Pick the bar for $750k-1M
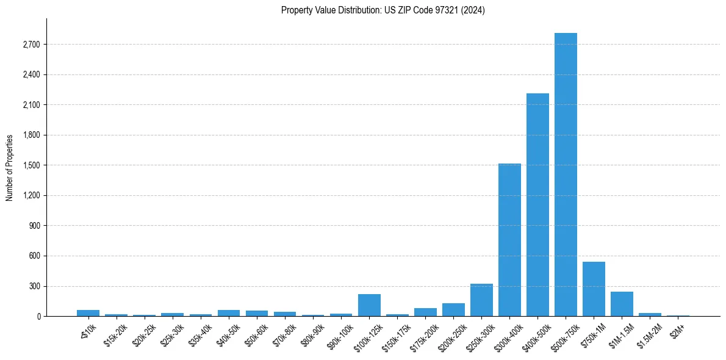click(x=594, y=289)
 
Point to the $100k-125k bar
click(x=369, y=305)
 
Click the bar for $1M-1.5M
click(x=622, y=304)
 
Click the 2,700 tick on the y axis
click(x=31, y=45)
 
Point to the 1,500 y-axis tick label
click(x=31, y=165)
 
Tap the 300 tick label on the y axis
click(x=34, y=286)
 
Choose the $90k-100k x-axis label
click(x=339, y=333)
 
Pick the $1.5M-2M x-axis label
click(x=648, y=333)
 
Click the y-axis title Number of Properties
click(x=9, y=168)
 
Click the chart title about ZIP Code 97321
click(x=383, y=10)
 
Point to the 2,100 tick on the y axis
click(x=31, y=105)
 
